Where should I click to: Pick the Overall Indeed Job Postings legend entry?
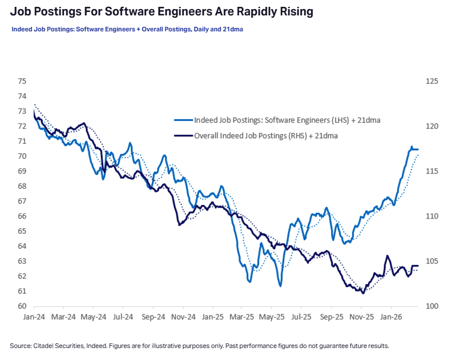(266, 136)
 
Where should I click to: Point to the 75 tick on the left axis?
(22, 81)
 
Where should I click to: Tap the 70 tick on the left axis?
(22, 156)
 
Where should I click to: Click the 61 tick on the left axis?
(22, 291)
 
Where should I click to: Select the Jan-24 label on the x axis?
(34, 315)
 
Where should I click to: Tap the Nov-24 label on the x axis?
(183, 315)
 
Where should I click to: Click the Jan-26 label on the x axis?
(390, 315)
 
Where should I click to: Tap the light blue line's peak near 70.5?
(411, 147)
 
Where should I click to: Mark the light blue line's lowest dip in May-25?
(280, 286)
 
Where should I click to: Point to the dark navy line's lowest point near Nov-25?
(363, 293)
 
